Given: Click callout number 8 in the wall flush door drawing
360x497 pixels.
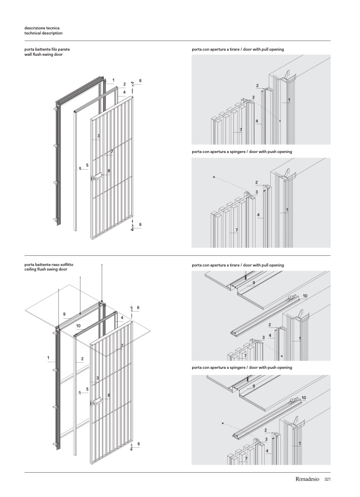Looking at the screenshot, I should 109,171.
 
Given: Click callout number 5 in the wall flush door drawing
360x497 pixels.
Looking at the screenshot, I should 87,165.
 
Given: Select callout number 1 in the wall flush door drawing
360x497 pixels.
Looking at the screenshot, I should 114,80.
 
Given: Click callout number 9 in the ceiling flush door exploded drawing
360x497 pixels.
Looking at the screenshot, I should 64,315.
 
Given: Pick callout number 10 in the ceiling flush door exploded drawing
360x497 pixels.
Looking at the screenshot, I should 79,326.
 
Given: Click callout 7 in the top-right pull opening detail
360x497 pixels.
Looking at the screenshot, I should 240,130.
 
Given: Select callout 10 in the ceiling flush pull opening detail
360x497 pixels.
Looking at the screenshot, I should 305,295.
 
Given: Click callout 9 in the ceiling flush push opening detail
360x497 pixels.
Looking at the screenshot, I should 254,386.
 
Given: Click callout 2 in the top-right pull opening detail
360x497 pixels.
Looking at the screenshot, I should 258,86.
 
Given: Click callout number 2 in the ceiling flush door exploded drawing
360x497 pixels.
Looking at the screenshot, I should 82,359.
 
